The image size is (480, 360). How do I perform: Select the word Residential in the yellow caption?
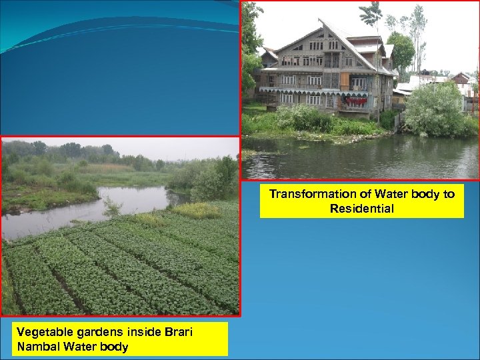(x=361, y=209)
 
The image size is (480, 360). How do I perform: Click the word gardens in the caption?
(x=93, y=332)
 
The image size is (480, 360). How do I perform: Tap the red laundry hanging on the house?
(x=357, y=101)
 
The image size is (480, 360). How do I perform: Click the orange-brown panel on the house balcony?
(x=345, y=81)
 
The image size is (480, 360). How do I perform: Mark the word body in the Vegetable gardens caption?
(x=114, y=347)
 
